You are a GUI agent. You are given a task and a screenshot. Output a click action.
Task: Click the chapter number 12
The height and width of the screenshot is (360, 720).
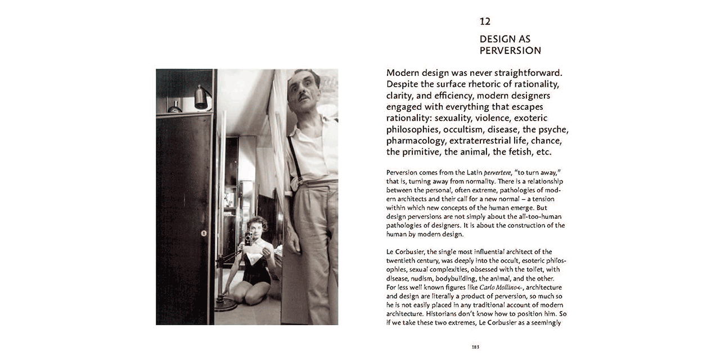click(485, 22)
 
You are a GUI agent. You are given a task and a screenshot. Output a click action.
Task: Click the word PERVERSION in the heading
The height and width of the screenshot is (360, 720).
click(510, 51)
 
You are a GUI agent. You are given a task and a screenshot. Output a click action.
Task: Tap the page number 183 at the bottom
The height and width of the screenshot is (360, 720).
click(475, 346)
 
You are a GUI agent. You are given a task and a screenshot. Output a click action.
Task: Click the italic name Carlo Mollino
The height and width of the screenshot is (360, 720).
click(497, 287)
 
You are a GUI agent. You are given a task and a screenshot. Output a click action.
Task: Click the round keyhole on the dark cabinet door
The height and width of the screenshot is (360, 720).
click(204, 233)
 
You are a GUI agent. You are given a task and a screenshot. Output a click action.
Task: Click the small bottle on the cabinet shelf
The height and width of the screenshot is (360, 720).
click(175, 106)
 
